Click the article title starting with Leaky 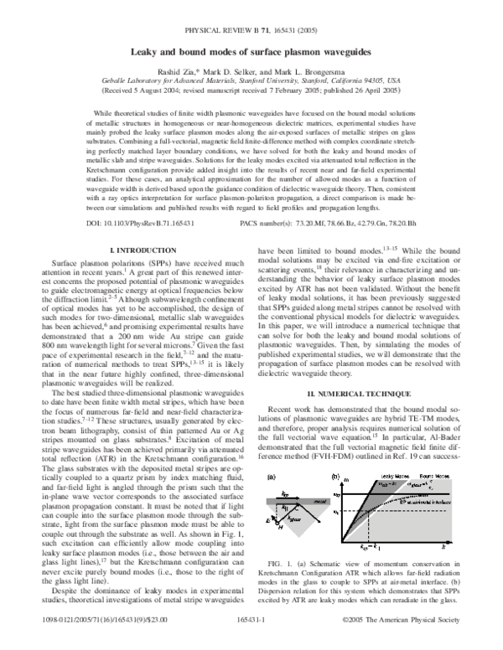(251, 51)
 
